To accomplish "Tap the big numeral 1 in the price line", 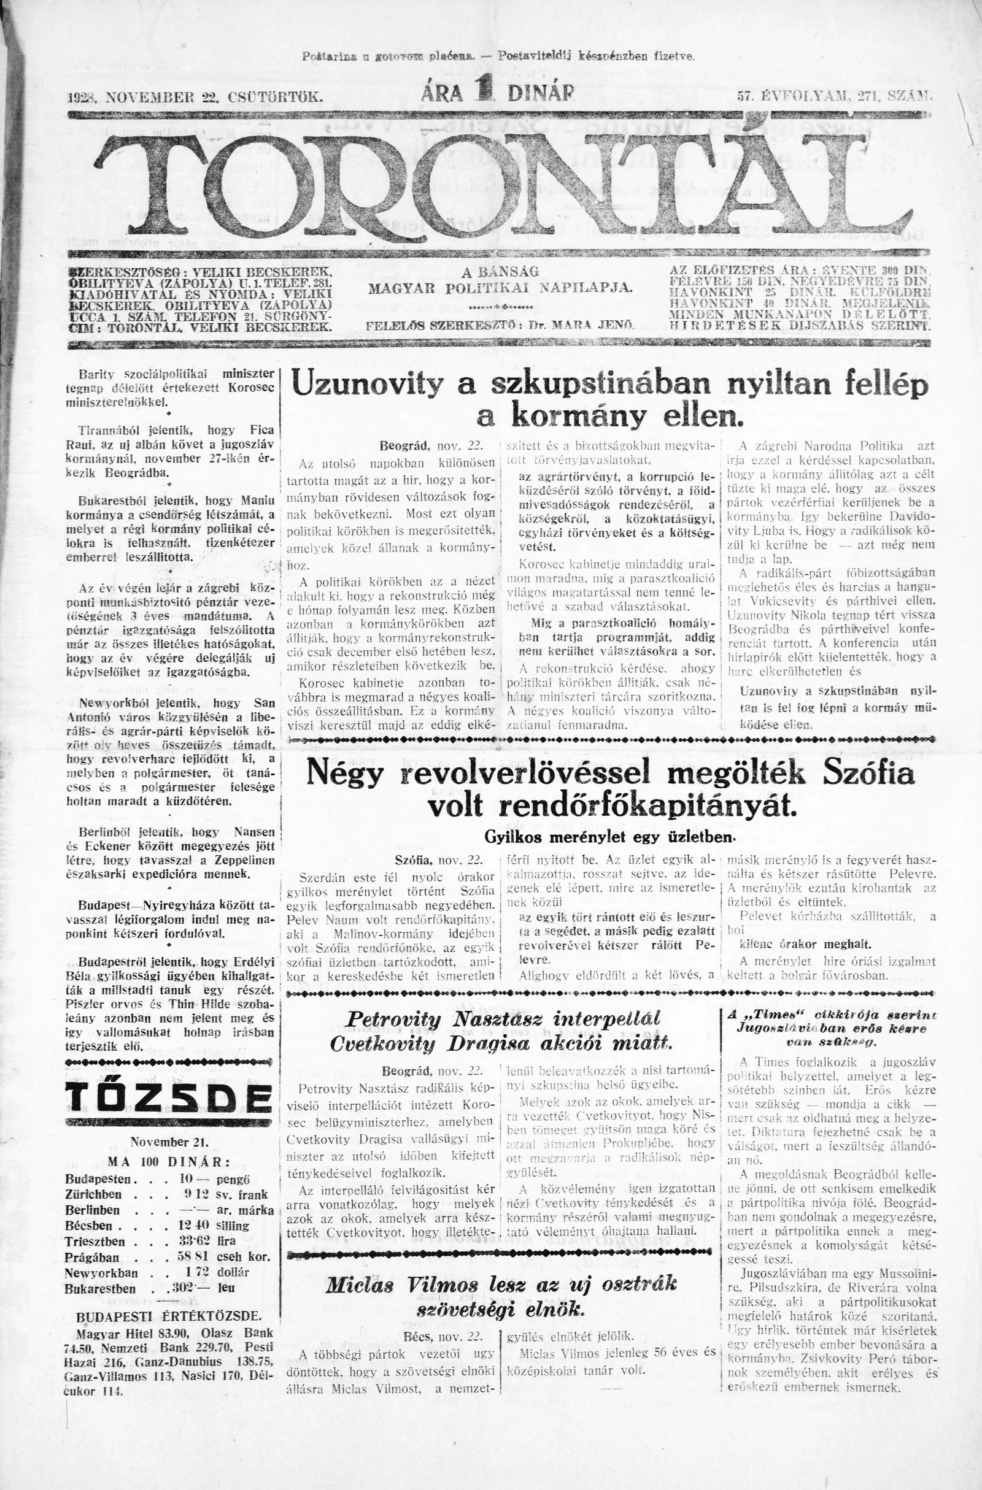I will click(483, 92).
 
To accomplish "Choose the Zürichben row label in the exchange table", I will click(94, 1194).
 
